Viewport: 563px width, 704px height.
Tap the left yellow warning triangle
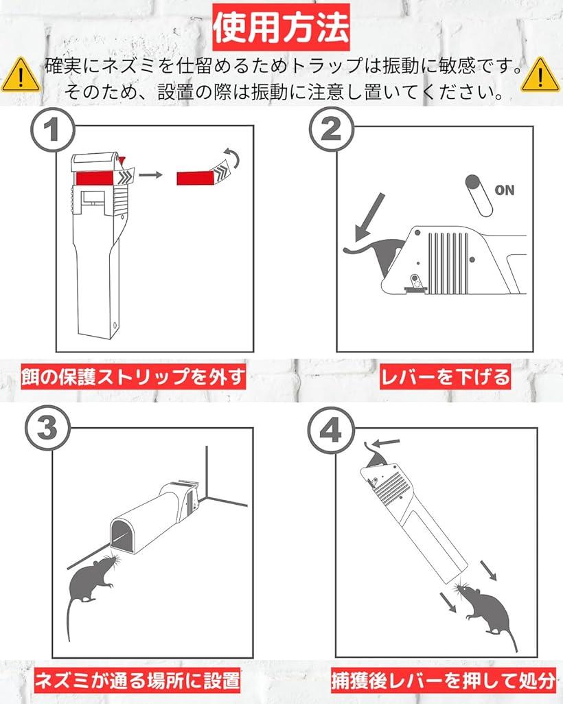click(20, 75)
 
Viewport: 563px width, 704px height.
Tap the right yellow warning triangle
click(540, 75)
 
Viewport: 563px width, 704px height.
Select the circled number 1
click(52, 131)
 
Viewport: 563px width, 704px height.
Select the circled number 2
click(332, 131)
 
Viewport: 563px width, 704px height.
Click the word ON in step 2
click(504, 190)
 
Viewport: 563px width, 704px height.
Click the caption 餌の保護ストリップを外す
click(133, 377)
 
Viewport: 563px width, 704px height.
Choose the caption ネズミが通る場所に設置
click(138, 681)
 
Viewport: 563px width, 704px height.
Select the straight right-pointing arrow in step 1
click(150, 176)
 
